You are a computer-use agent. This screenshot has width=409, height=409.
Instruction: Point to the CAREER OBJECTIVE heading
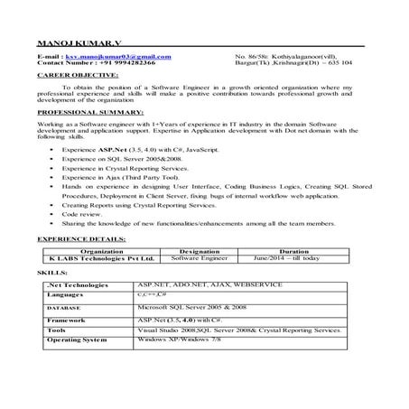[71, 77]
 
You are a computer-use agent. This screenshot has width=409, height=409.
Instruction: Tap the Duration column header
[294, 251]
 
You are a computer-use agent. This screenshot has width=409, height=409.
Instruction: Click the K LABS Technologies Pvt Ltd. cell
[102, 258]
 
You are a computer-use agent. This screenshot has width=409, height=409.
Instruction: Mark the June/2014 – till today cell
[294, 258]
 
